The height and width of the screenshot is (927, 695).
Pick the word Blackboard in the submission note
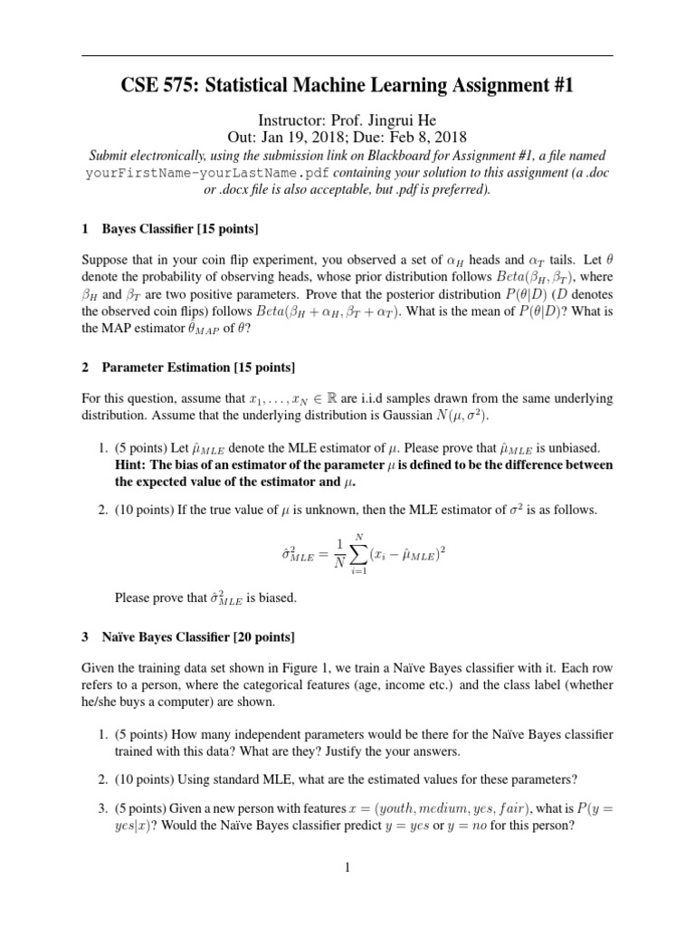click(x=410, y=156)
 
